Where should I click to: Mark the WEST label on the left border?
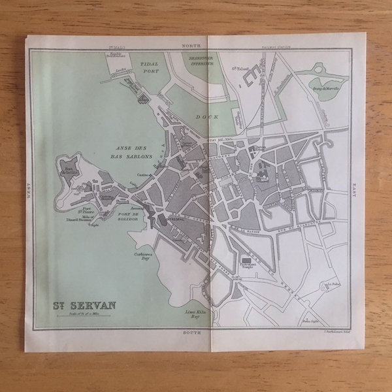coord(29,189)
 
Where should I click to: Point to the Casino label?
coord(143,177)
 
